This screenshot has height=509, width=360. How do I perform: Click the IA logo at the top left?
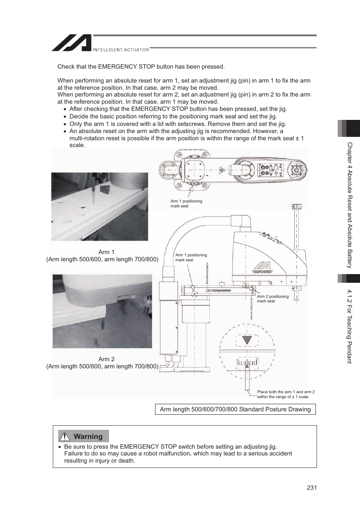pos(72,43)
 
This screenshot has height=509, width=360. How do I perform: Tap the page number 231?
pos(311,488)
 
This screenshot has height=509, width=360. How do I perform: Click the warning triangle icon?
pos(65,436)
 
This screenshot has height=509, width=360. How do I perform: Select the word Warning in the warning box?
pos(88,436)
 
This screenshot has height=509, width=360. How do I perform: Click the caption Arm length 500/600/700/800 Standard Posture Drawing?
pos(235,409)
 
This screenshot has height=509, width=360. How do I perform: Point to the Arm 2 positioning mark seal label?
pos(272,299)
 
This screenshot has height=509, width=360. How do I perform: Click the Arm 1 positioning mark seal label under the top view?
pos(186,204)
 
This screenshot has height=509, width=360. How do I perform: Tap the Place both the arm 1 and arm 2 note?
pos(286,394)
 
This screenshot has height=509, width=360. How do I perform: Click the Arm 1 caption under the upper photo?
pos(106,252)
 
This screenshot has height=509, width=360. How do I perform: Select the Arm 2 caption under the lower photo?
pos(106,359)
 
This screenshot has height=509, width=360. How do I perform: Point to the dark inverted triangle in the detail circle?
pos(247,339)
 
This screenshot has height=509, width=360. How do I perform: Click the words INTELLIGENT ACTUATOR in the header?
pos(121,49)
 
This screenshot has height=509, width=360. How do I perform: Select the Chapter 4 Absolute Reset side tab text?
pos(349,205)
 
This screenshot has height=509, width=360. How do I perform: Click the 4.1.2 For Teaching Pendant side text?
pos(349,326)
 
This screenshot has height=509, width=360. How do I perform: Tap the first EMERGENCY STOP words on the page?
pos(126,67)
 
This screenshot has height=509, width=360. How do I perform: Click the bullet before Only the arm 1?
pos(65,124)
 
